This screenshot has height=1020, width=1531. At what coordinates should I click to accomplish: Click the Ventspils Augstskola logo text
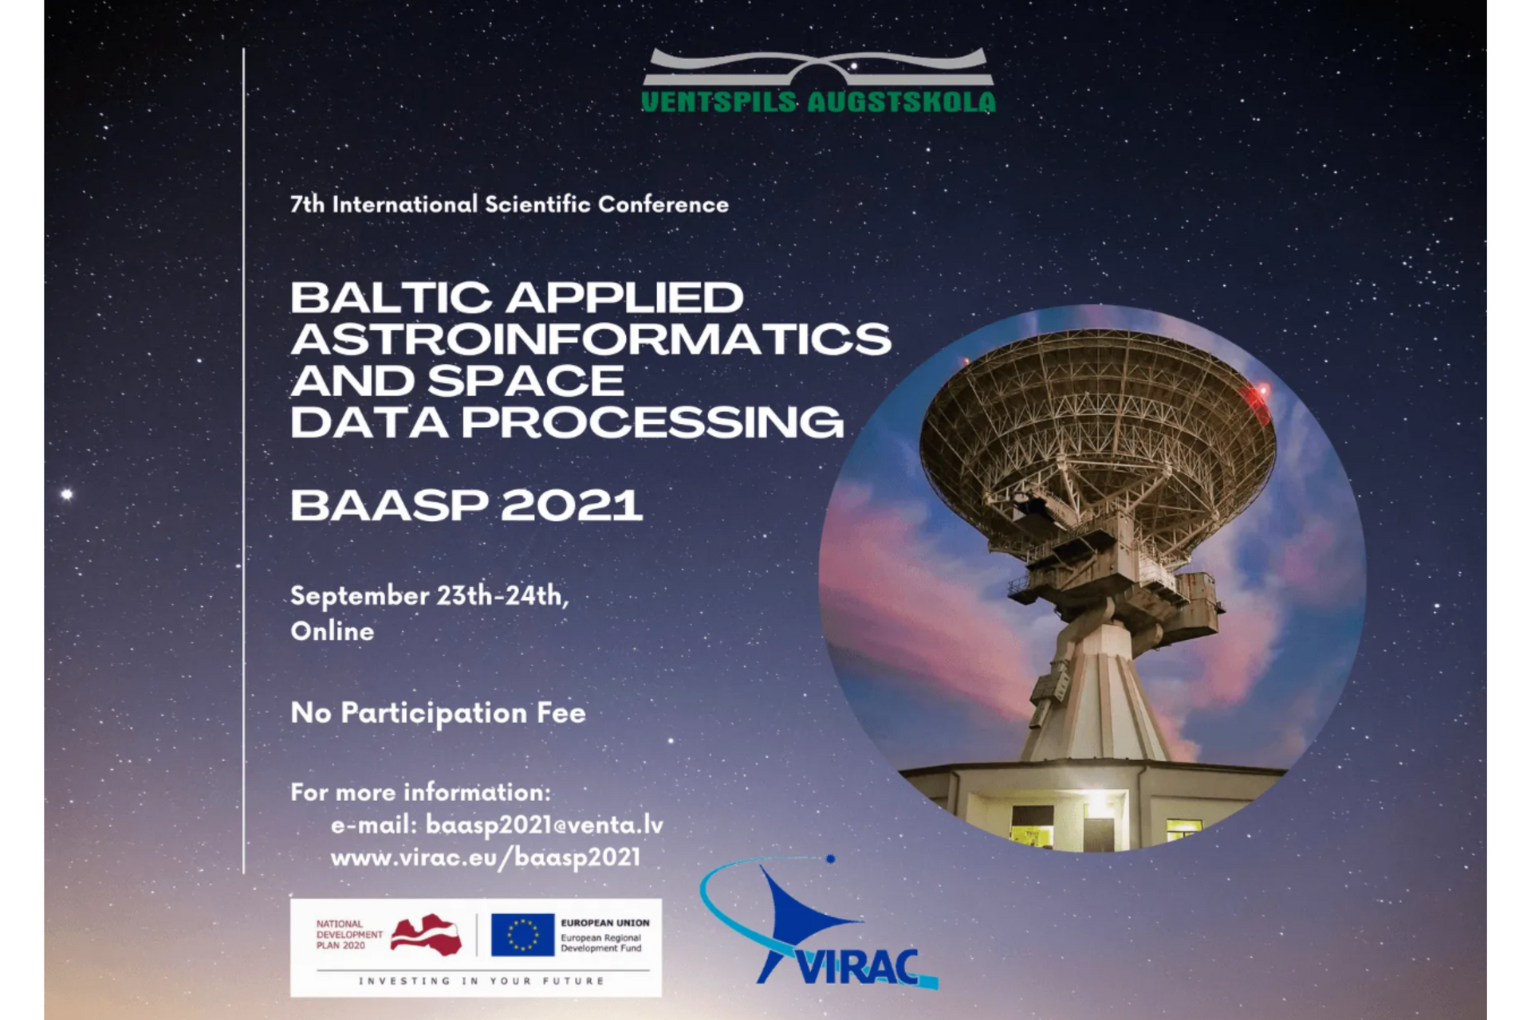818,102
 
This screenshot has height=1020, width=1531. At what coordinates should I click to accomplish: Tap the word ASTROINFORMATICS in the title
591,339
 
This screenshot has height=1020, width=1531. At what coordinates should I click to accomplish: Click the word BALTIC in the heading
391,298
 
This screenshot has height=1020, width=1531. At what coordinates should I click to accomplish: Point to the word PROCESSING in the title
652,422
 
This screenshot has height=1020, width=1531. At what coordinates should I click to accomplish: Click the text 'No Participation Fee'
438,712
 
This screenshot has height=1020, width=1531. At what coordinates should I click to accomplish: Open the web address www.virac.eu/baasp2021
486,857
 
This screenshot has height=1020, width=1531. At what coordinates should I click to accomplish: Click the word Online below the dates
333,631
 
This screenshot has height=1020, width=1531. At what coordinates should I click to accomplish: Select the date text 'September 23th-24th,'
430,596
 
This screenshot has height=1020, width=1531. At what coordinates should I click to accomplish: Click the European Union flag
522,935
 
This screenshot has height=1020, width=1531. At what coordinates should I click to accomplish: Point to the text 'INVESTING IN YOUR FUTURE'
482,981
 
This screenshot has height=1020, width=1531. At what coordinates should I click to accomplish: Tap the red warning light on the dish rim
1261,390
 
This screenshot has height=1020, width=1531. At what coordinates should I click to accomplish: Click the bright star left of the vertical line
67,494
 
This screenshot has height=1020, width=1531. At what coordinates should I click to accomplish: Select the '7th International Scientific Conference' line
510,205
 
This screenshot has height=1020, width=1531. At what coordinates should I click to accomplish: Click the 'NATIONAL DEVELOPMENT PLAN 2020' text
349,935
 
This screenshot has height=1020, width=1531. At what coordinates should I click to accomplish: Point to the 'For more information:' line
421,792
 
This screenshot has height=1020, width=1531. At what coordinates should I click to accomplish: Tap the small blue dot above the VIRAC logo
830,859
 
